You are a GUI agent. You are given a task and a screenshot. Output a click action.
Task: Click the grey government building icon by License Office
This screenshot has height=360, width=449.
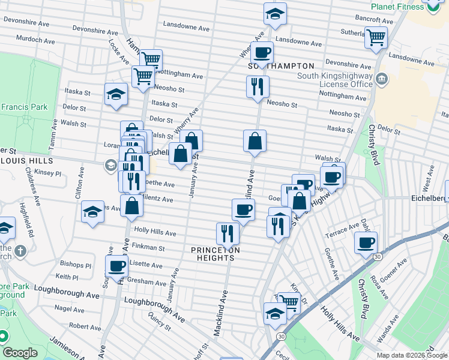pos(381,80)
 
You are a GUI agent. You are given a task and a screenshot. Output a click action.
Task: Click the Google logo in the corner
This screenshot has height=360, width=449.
pos(20,353)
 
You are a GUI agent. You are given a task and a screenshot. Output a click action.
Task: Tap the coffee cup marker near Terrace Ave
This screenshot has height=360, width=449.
pos(366,242)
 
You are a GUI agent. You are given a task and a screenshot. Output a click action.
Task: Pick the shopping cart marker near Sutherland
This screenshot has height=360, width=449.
pos(376,37)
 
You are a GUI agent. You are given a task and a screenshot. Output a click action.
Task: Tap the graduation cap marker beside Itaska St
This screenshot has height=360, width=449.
pos(116,94)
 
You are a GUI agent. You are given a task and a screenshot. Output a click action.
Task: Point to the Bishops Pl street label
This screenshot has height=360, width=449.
pos(76,265)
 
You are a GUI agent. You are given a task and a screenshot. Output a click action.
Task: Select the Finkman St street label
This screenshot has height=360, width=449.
pos(149,247)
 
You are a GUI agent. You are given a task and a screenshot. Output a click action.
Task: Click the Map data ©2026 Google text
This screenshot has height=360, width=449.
pos(411,355)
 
